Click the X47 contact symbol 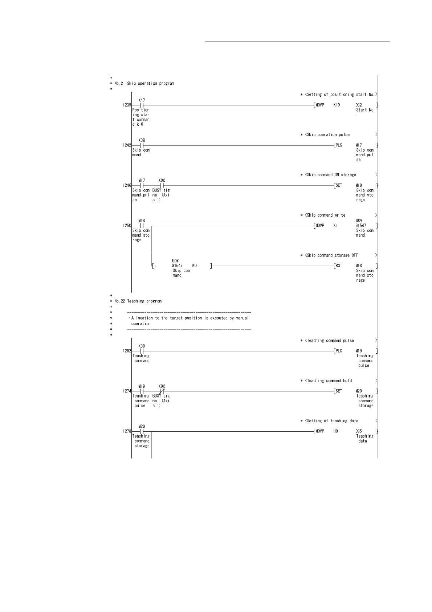142,105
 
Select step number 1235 127,105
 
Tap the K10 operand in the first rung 337,105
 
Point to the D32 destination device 359,105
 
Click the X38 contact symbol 142,145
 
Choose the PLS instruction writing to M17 338,145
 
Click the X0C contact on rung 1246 162,185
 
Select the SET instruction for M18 338,185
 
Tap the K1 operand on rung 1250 335,226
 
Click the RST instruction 338,266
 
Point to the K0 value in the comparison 194,266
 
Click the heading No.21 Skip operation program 144,83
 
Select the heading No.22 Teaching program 138,301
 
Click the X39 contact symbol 142,351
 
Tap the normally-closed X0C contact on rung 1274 162,391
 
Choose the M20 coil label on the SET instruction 359,391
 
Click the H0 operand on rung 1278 335,431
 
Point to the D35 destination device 359,431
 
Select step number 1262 127,351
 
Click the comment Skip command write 326,215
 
